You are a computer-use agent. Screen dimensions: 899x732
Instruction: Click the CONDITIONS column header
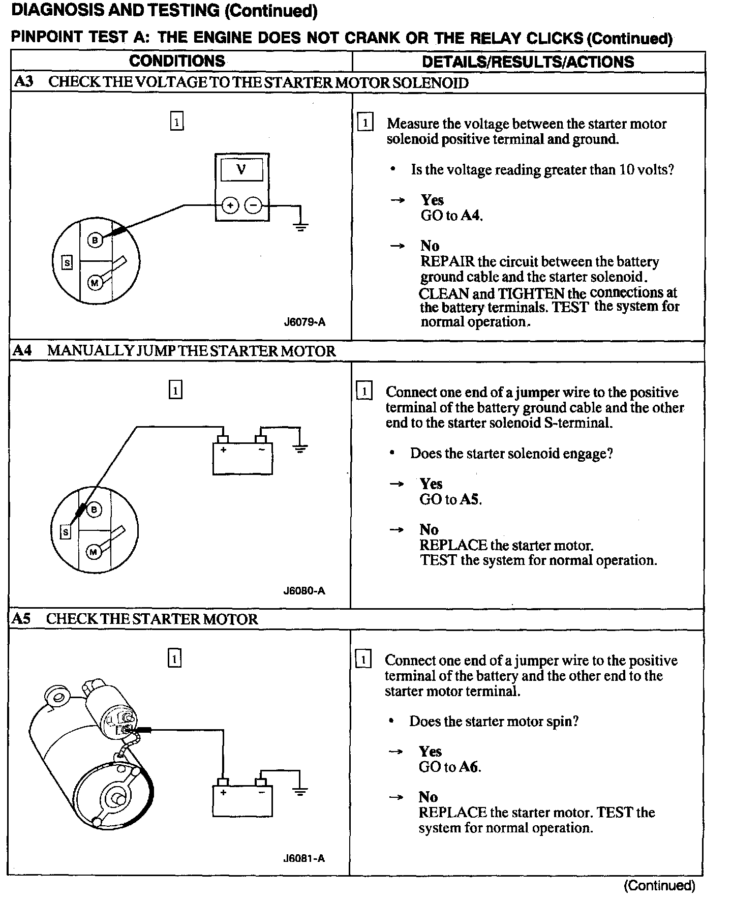coord(177,61)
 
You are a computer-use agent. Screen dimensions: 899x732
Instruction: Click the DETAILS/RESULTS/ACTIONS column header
coord(528,62)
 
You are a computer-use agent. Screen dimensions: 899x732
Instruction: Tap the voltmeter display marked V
coord(241,170)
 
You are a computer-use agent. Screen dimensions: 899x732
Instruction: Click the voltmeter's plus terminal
coord(230,205)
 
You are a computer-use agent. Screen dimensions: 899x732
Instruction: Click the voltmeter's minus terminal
coord(253,205)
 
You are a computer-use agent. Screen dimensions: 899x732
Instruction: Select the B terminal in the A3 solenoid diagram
coord(95,240)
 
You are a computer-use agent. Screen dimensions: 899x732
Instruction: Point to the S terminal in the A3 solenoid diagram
coord(67,262)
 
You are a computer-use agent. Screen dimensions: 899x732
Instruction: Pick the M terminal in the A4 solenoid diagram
coord(94,552)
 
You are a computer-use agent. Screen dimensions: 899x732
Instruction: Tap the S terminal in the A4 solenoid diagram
coord(66,532)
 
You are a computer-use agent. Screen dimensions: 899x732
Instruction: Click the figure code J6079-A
coord(304,322)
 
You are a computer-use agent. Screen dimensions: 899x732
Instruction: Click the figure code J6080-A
coord(304,590)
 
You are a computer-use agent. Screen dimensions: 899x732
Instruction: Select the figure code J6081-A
coord(304,858)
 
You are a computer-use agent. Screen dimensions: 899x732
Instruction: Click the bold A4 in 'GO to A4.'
coord(470,216)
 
